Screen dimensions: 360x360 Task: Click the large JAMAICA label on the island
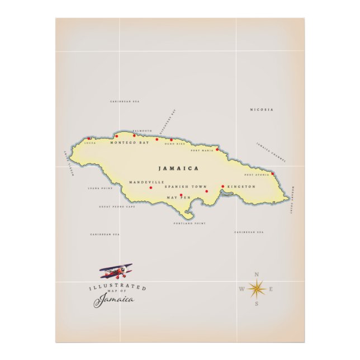pyautogui.click(x=178, y=168)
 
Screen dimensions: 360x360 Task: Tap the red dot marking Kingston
pyautogui.click(x=222, y=186)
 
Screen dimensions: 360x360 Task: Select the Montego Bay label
pyautogui.click(x=130, y=143)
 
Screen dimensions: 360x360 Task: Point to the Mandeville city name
pyautogui.click(x=146, y=182)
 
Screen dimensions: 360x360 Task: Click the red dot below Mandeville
pyautogui.click(x=150, y=187)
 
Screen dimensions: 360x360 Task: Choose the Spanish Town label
pyautogui.click(x=186, y=187)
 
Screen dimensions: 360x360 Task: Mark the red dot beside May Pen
pyautogui.click(x=181, y=195)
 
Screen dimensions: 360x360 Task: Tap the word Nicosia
pyautogui.click(x=262, y=110)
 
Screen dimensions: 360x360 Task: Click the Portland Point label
pyautogui.click(x=190, y=223)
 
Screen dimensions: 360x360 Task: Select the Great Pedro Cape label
pyautogui.click(x=117, y=206)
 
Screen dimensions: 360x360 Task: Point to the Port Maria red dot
pyautogui.click(x=217, y=149)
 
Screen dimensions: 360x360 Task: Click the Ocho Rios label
pyautogui.click(x=174, y=144)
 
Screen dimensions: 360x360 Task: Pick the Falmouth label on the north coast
pyautogui.click(x=142, y=131)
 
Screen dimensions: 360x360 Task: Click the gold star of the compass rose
pyautogui.click(x=256, y=288)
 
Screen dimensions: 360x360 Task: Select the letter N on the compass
pyautogui.click(x=257, y=274)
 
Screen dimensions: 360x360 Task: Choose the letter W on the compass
pyautogui.click(x=241, y=289)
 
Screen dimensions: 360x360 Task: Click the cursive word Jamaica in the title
pyautogui.click(x=114, y=300)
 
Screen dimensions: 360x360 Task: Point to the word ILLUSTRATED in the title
pyautogui.click(x=118, y=287)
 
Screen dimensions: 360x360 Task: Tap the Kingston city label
pyautogui.click(x=241, y=187)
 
